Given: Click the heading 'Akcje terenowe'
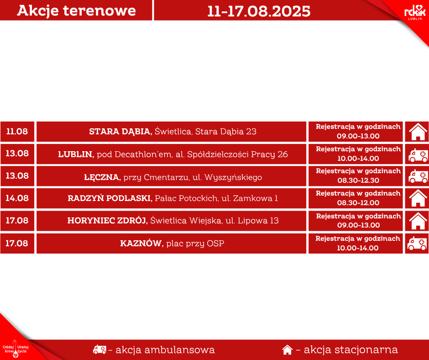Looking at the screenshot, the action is (x=76, y=11).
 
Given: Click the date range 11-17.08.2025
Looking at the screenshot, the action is (x=259, y=11).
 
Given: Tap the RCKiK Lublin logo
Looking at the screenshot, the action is (x=415, y=13).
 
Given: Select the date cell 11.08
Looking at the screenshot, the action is (x=17, y=131).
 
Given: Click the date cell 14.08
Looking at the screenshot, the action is (x=17, y=198).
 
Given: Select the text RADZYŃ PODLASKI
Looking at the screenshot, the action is (x=110, y=198).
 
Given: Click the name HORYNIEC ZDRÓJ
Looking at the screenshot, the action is (x=108, y=221).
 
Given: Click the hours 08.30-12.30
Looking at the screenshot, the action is (x=358, y=180).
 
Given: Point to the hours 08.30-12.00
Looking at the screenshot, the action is (x=358, y=203).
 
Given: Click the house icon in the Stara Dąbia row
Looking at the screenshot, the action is (x=418, y=132).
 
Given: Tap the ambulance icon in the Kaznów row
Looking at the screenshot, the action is (x=417, y=244).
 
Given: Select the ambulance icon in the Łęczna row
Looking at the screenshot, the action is (x=418, y=176).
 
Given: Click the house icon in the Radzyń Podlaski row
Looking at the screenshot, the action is (x=418, y=198).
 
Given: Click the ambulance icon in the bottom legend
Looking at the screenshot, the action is (x=99, y=349).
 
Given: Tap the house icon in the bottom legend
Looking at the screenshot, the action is (x=287, y=349).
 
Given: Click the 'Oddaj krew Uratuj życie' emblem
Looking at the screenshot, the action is (x=16, y=349).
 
